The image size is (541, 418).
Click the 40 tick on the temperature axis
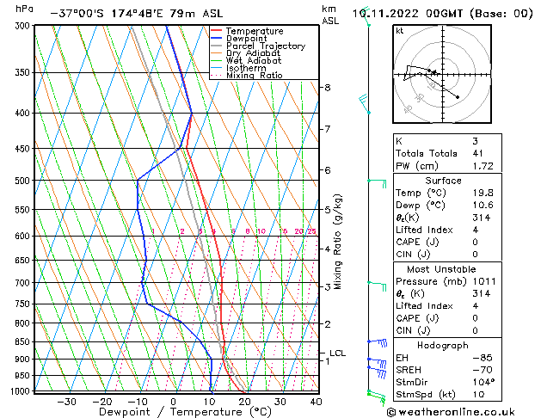click(316, 402)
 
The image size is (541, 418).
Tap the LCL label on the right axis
click(337, 353)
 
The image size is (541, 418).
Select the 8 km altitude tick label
click(328, 88)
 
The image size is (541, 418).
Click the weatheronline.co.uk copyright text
click(463, 410)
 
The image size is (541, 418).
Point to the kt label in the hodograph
click(399, 31)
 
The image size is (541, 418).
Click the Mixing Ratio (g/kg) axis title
click(338, 242)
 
